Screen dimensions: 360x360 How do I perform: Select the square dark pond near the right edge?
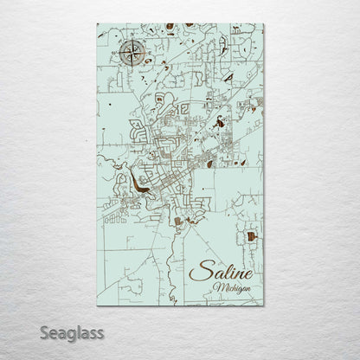[x=252, y=236]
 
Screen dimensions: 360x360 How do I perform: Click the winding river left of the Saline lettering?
[x=181, y=260]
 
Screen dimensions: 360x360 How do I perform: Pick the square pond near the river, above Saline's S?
[x=178, y=222]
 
